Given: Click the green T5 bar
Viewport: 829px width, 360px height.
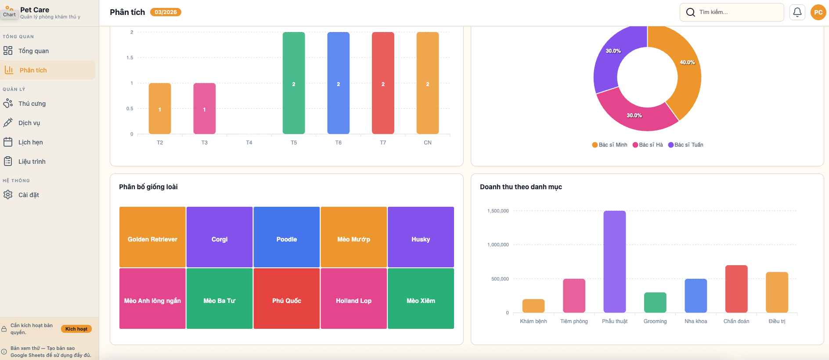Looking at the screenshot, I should pyautogui.click(x=293, y=83).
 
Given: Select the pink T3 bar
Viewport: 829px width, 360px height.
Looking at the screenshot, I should pyautogui.click(x=204, y=108).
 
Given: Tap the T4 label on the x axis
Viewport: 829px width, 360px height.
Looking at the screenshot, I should pyautogui.click(x=249, y=143).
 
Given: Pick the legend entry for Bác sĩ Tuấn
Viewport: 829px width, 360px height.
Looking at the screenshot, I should pyautogui.click(x=685, y=145).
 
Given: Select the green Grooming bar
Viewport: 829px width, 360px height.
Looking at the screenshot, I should pyautogui.click(x=655, y=302).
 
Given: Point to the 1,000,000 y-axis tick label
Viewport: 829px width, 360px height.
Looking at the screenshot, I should pyautogui.click(x=498, y=245).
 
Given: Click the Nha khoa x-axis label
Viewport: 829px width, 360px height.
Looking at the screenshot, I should pyautogui.click(x=696, y=321).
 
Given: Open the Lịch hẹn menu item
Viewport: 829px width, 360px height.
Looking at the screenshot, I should pyautogui.click(x=31, y=142).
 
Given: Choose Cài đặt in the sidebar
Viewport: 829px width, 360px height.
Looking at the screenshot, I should pyautogui.click(x=29, y=195).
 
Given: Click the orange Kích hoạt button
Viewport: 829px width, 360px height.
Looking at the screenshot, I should pyautogui.click(x=76, y=329).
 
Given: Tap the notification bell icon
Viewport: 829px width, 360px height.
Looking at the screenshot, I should pyautogui.click(x=797, y=12).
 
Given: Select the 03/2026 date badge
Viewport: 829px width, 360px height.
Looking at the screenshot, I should pyautogui.click(x=166, y=12).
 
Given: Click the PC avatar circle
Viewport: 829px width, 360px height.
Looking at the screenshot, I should pyautogui.click(x=818, y=12).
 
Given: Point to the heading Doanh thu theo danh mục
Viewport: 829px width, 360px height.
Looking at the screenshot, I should pyautogui.click(x=521, y=187).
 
